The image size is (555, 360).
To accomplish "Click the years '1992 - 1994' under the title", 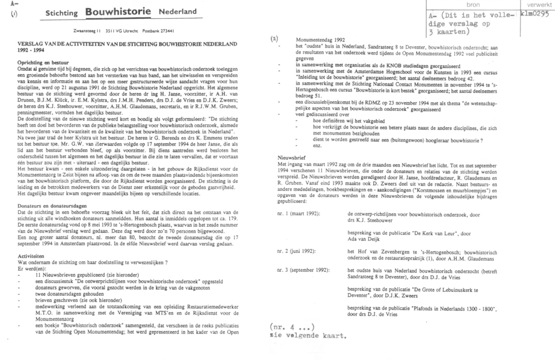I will pos(35,49).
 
